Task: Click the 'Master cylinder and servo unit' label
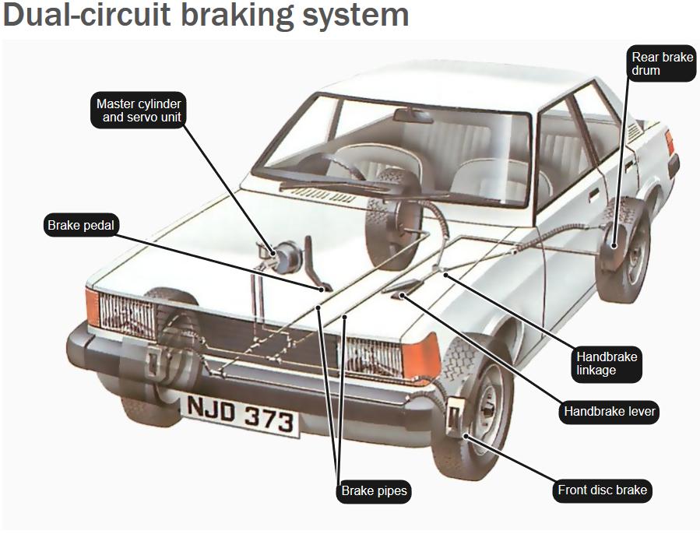[x=138, y=111]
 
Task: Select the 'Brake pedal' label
[x=81, y=225]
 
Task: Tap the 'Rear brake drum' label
[x=662, y=63]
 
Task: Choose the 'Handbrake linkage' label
[x=607, y=364]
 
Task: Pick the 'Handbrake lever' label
[x=609, y=411]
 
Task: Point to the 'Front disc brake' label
[x=602, y=490]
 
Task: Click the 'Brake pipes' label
[x=374, y=491]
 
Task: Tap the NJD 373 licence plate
[x=240, y=414]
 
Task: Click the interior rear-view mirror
[x=413, y=115]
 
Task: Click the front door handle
[x=593, y=195]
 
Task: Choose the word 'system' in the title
[x=355, y=16]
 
